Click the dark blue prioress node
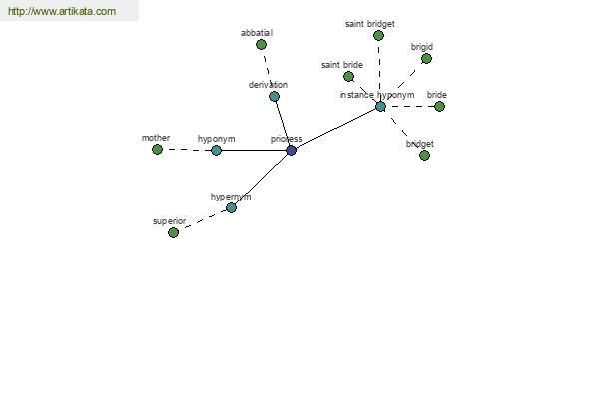(x=291, y=150)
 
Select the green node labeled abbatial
(x=261, y=44)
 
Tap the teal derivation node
(x=274, y=96)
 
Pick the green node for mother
(x=157, y=149)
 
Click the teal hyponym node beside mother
(x=216, y=150)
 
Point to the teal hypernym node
(x=231, y=207)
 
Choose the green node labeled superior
(x=173, y=232)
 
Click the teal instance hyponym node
(x=380, y=106)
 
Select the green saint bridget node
(x=378, y=35)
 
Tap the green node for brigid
(x=426, y=58)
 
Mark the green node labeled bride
(x=439, y=106)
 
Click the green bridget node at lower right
(x=424, y=155)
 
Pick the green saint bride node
(x=348, y=76)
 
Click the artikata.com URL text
(x=61, y=12)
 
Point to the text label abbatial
(x=257, y=33)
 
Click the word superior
(x=169, y=221)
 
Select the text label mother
(x=156, y=138)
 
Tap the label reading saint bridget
(x=370, y=23)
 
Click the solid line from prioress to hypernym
(x=261, y=179)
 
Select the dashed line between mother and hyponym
(x=187, y=150)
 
